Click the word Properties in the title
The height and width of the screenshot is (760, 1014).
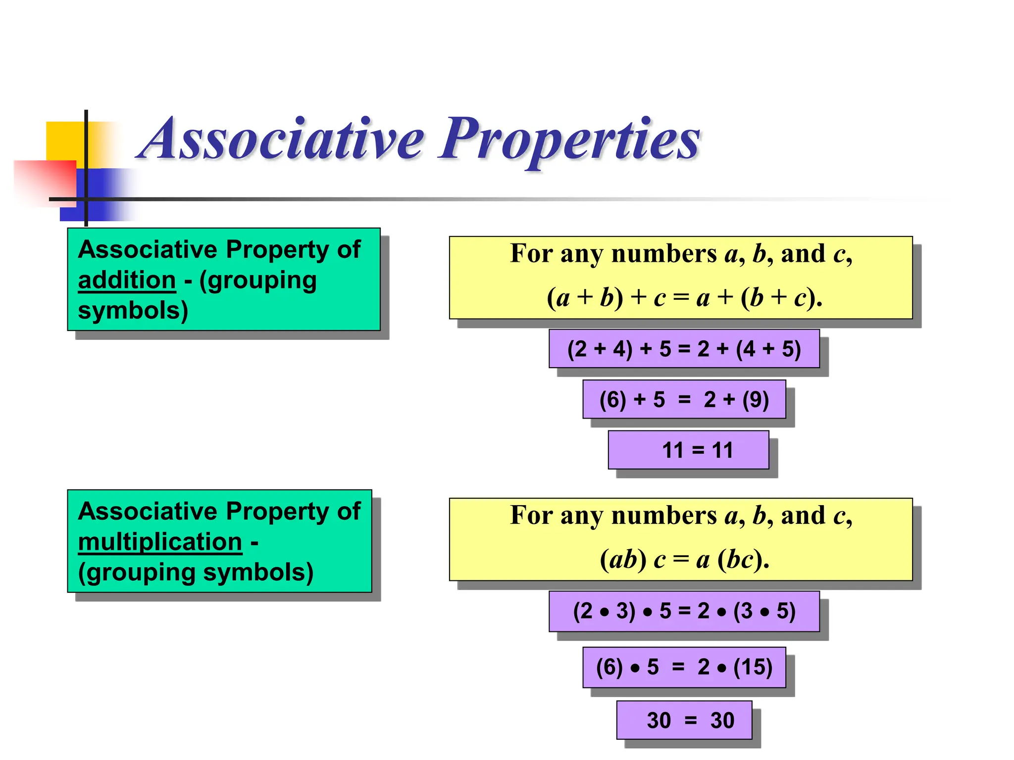click(569, 140)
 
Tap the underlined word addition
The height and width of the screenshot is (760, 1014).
click(127, 281)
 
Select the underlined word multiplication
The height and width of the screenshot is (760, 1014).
click(160, 542)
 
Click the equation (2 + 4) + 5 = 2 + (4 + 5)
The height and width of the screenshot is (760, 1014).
click(684, 349)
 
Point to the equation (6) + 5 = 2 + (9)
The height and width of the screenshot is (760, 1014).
click(684, 399)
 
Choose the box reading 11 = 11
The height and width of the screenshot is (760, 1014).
click(688, 450)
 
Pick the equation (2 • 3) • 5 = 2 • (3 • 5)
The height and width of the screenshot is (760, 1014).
click(684, 611)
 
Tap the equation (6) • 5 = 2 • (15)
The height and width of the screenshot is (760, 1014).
click(684, 667)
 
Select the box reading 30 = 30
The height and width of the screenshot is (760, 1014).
click(684, 720)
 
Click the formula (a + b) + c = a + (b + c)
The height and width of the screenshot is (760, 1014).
click(684, 298)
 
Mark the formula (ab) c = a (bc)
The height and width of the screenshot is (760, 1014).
click(684, 560)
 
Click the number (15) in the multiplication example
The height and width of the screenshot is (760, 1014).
click(753, 667)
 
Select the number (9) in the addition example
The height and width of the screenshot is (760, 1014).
click(756, 399)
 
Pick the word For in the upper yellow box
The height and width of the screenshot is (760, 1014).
click(531, 254)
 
